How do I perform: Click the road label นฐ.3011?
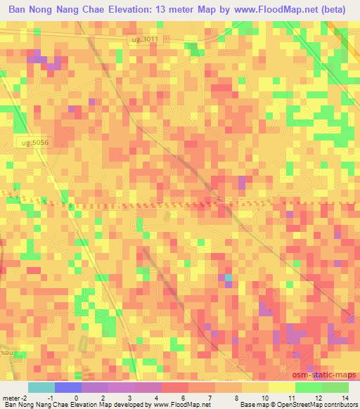point(146,41)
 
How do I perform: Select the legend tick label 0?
point(76,397)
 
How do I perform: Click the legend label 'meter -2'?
point(14,397)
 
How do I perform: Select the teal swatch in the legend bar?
point(41,387)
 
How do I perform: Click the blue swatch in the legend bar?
point(68,387)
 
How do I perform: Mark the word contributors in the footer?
point(339,405)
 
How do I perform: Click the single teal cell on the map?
point(228,278)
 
